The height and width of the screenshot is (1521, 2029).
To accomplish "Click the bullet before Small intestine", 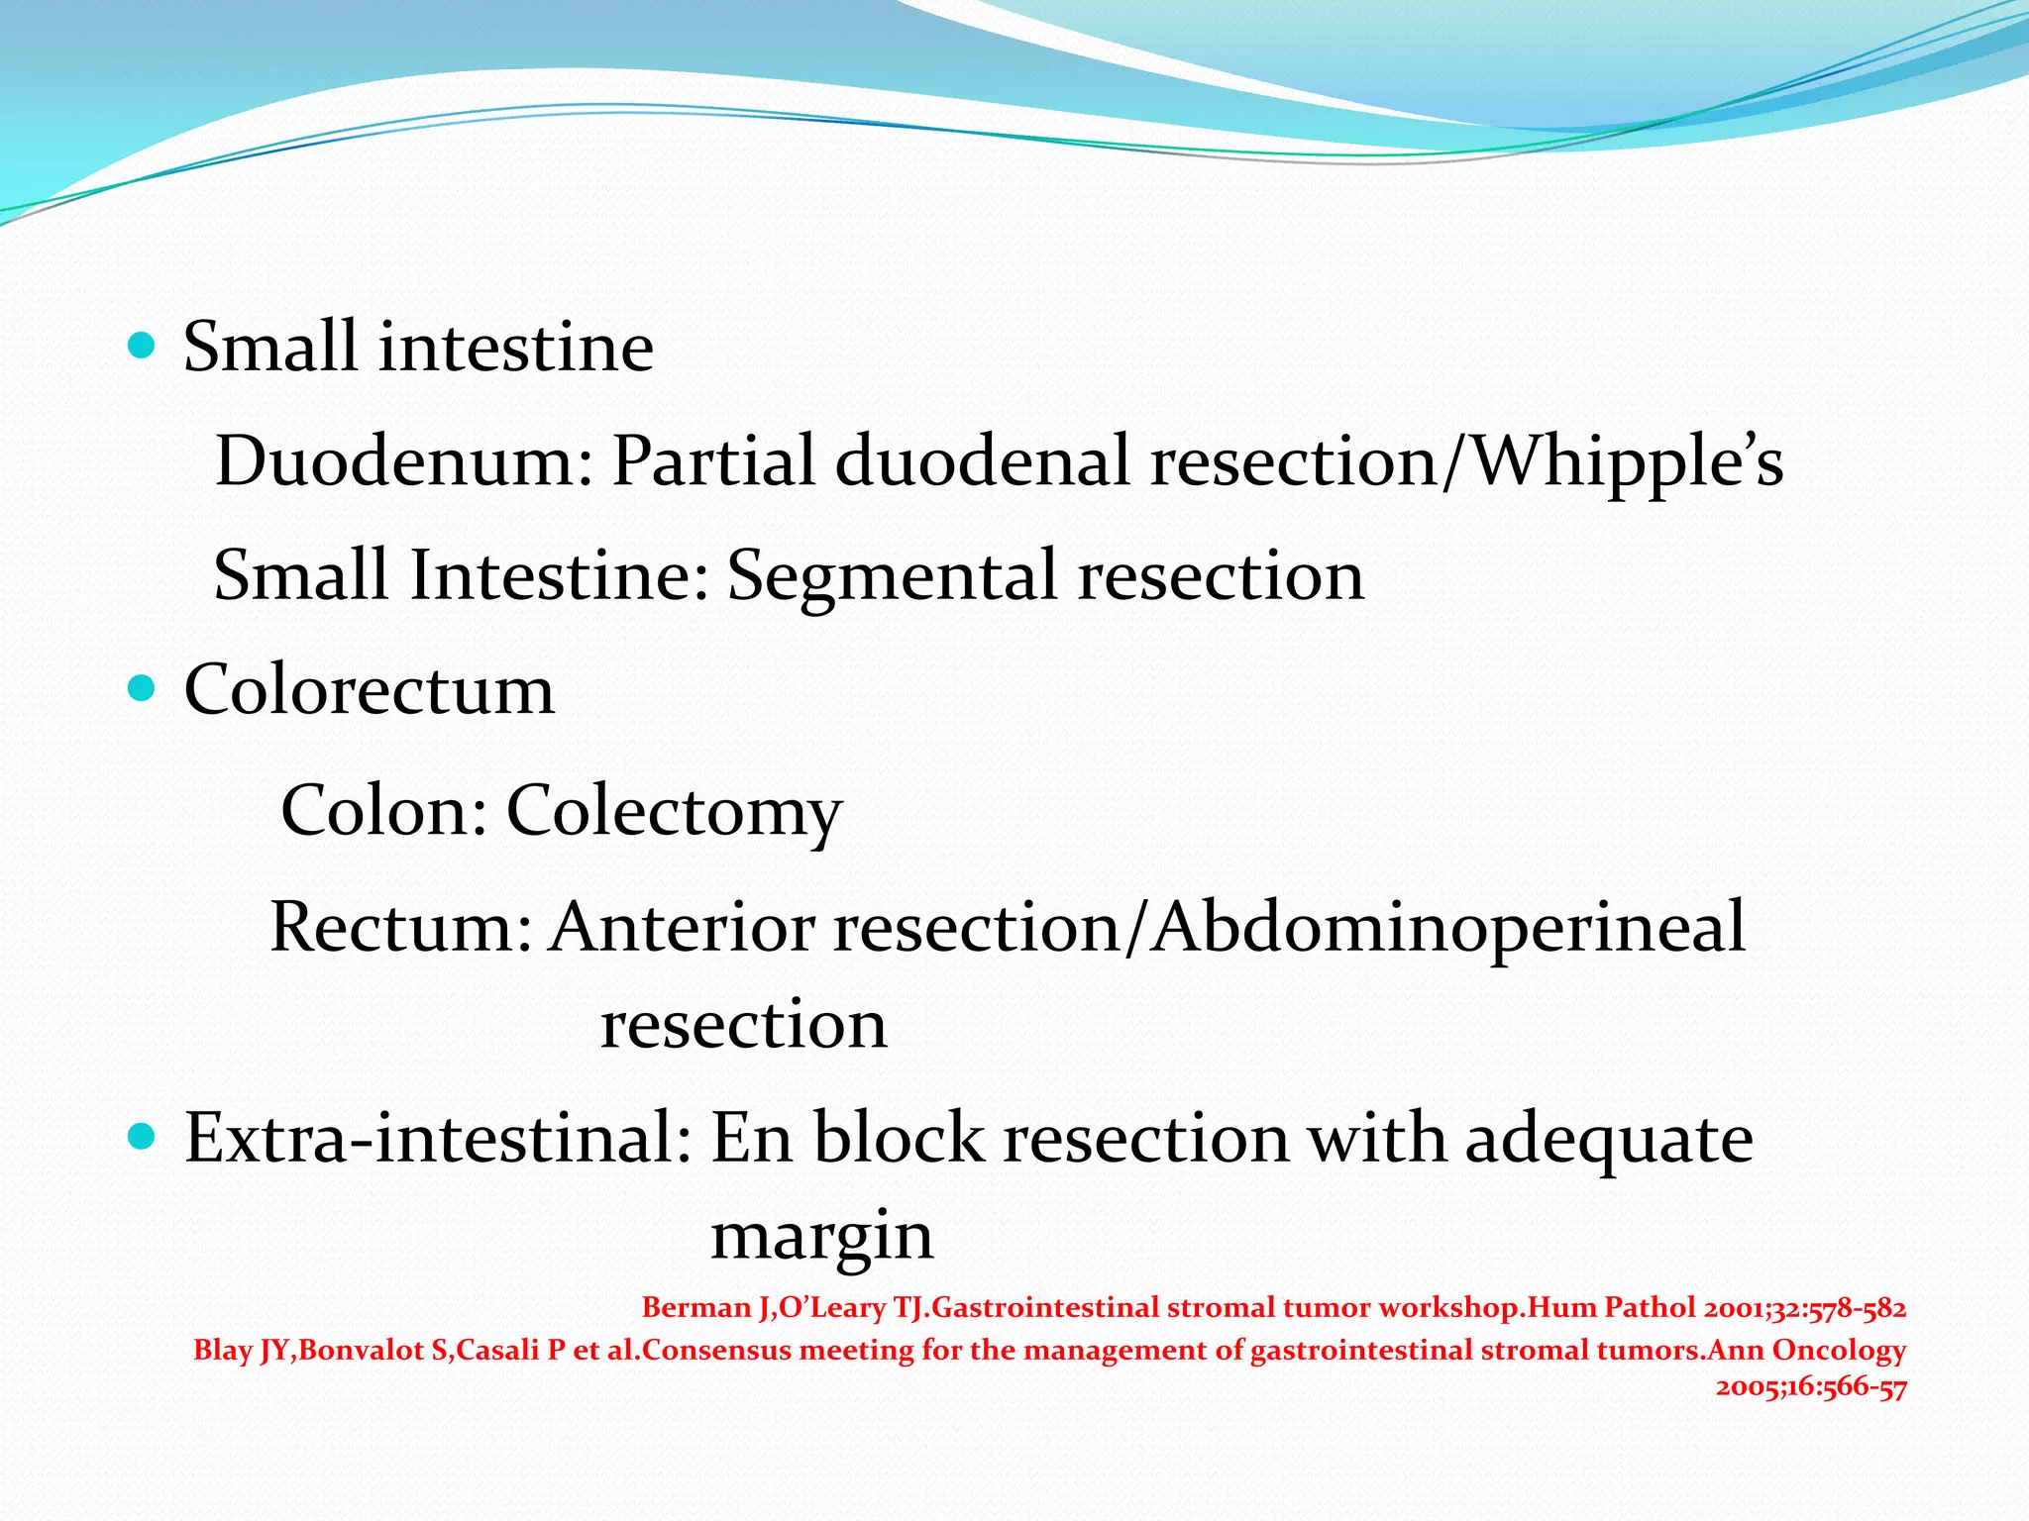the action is (143, 346).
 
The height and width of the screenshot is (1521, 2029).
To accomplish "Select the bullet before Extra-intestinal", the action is (143, 1138).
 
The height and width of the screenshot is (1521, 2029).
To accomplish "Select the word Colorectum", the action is (369, 689).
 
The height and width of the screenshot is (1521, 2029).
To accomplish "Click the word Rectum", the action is (400, 928).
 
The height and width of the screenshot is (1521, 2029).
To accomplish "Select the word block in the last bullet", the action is (900, 1137).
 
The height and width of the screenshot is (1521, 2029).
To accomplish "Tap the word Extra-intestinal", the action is (438, 1138).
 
